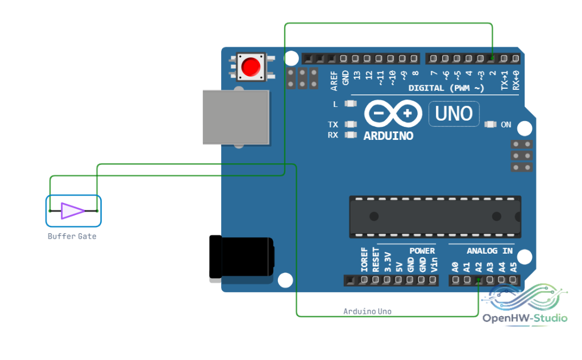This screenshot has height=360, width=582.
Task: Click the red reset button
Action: coord(251,67)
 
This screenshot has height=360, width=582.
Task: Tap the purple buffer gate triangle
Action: coord(72,211)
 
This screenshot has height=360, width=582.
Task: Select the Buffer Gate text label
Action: coord(72,236)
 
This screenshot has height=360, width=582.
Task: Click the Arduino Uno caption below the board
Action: coord(367,311)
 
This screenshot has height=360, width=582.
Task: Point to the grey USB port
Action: coord(236,117)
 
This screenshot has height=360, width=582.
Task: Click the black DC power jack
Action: coord(242,256)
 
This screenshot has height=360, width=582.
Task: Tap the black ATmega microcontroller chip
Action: coord(435,217)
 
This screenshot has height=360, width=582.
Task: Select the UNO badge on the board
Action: coord(454,114)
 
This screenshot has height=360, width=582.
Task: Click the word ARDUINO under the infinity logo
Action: coord(388,136)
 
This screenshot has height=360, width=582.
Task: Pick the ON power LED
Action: coord(490,124)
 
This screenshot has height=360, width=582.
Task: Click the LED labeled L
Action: coord(350,104)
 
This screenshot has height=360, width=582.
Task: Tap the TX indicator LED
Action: coord(350,124)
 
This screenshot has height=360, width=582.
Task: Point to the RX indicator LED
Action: coord(350,134)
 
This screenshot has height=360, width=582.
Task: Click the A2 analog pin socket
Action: coord(479,280)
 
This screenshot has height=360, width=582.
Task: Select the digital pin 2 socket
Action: coord(492,59)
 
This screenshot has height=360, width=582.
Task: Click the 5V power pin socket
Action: coord(398,280)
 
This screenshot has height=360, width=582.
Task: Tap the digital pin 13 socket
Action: coord(356,59)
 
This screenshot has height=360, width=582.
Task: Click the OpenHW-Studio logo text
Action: coord(525,318)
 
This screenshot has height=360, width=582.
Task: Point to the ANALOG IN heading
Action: coord(489,251)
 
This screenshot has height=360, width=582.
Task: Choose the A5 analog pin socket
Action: coord(513,280)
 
